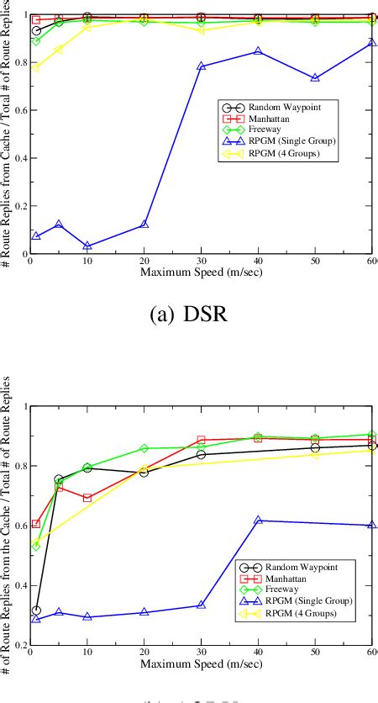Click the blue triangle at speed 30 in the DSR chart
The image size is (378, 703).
click(201, 66)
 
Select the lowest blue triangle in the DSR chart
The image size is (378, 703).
click(87, 246)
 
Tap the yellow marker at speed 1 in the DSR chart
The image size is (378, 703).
click(36, 67)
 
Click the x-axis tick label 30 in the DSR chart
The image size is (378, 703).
click(201, 262)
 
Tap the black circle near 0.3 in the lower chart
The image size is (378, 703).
click(36, 610)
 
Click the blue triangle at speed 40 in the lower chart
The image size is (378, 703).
click(258, 521)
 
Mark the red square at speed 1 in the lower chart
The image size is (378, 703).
click(36, 524)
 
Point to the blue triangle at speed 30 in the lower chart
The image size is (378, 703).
click(201, 605)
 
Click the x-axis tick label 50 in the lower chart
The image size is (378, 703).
click(315, 653)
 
